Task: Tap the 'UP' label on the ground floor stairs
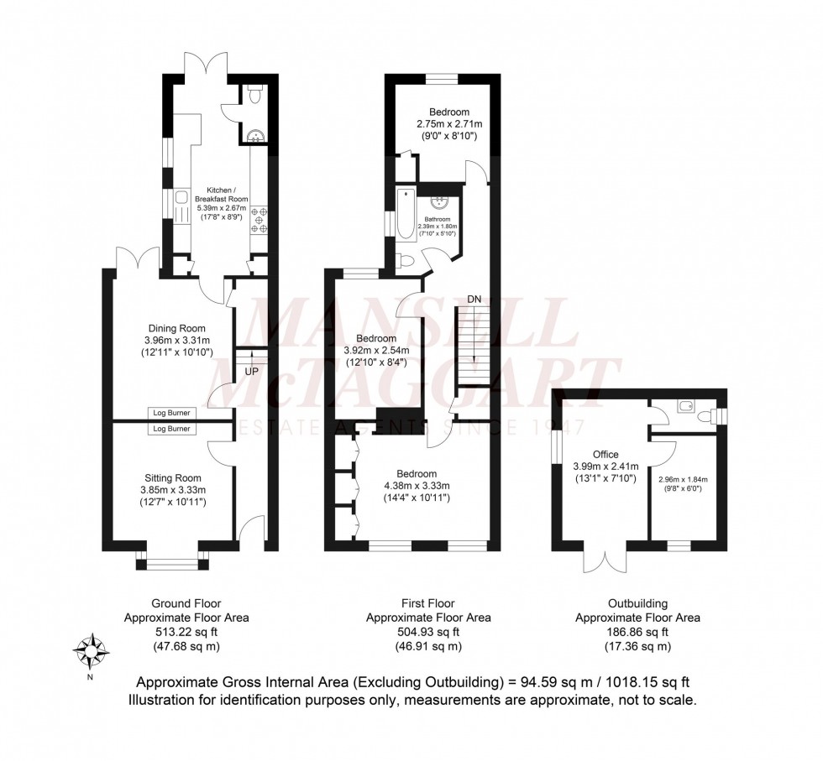point(252,371)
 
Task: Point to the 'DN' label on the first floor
point(475,299)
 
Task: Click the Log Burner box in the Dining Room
point(171,413)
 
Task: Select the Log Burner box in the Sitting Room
point(171,429)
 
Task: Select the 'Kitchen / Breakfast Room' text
point(217,194)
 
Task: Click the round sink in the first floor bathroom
point(438,201)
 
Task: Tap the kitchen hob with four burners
point(259,220)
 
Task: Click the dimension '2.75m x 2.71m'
point(449,124)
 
